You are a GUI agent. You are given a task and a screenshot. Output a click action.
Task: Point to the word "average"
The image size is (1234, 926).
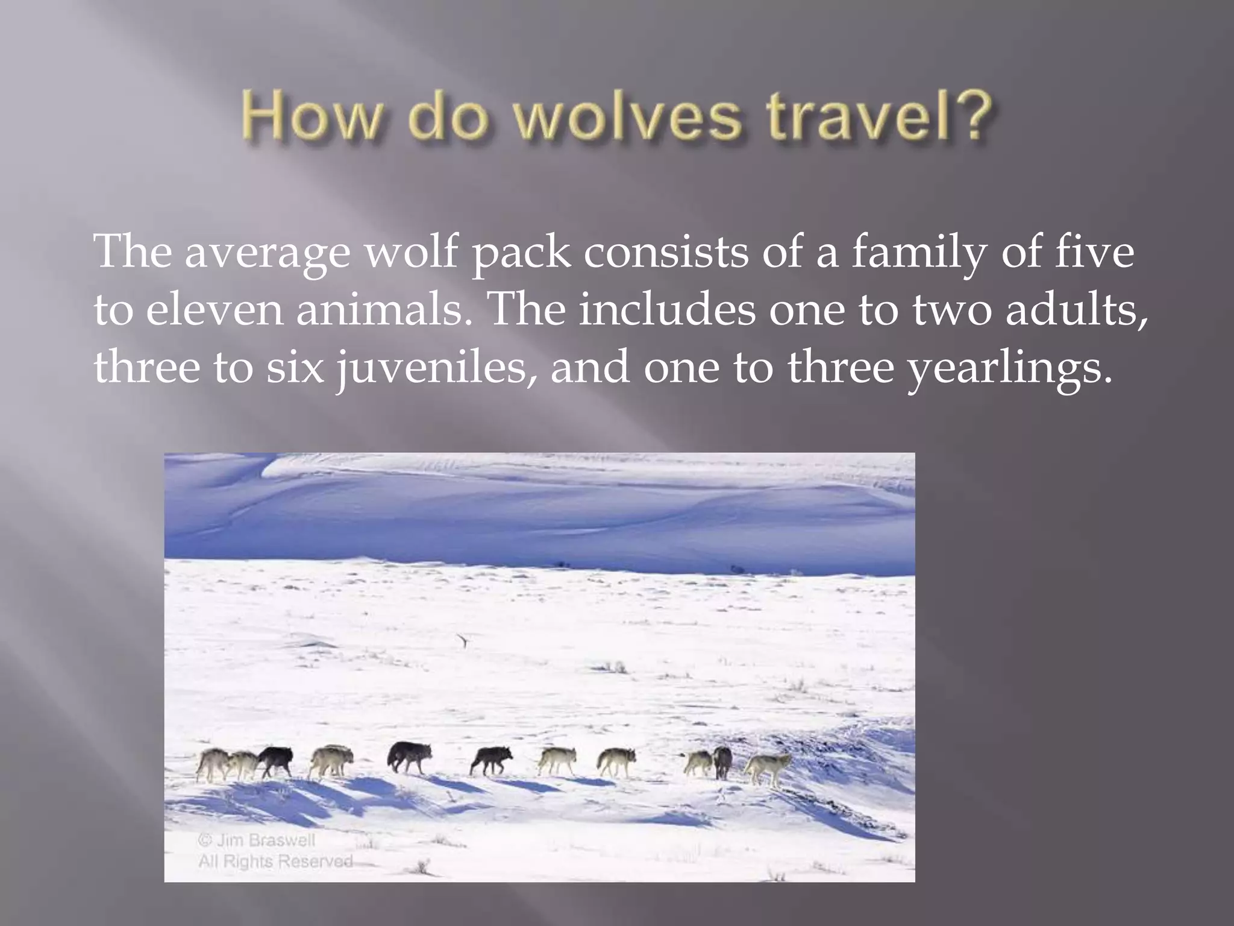[x=266, y=253]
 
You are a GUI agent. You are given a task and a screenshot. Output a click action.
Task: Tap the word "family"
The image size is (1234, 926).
[x=919, y=253]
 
